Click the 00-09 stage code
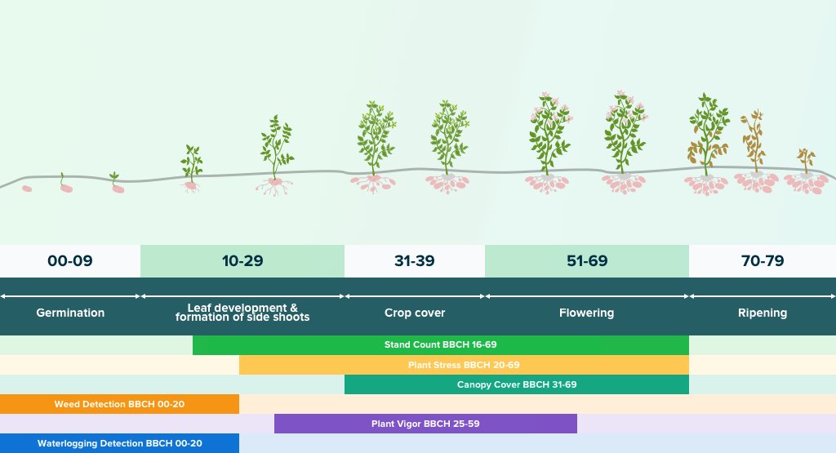[x=70, y=260]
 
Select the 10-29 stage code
[x=242, y=260]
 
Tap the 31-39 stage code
[x=414, y=260]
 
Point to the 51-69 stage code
[x=587, y=260]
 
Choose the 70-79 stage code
[x=763, y=260]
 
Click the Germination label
[x=70, y=313]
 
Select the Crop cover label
[x=415, y=313]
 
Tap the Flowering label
[x=586, y=313]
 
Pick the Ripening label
[x=763, y=313]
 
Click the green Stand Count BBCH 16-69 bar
[x=440, y=344]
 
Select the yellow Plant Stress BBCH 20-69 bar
[x=464, y=365]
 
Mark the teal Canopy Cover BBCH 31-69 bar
[x=517, y=384]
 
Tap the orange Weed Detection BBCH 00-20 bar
[x=119, y=404]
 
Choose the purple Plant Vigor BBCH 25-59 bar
[x=425, y=424]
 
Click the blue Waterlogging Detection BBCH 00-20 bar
[x=119, y=443]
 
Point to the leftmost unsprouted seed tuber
[x=27, y=189]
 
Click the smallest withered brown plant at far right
[x=806, y=161]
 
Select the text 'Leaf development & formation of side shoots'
[x=242, y=313]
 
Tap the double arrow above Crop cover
[x=415, y=296]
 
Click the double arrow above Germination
[x=70, y=296]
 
